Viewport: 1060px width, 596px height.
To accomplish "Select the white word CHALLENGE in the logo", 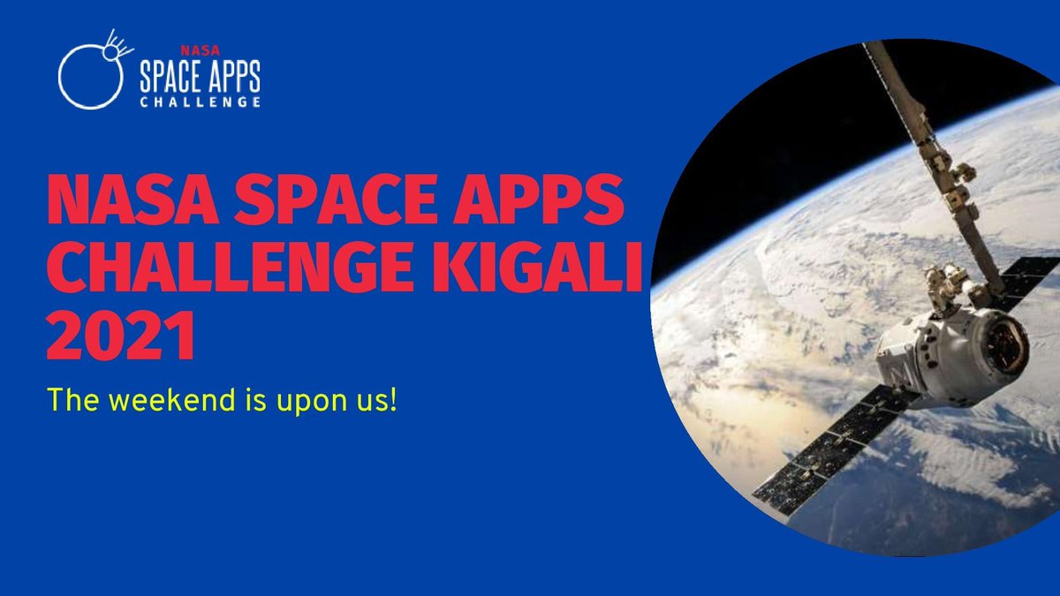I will [200, 102].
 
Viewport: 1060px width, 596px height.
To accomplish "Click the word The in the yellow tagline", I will [69, 402].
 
